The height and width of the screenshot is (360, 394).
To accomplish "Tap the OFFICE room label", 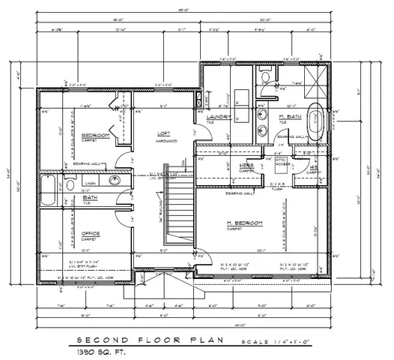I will point(91,233).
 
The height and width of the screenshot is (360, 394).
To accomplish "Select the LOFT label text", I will point(163,133).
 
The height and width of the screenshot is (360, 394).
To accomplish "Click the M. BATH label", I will point(290,117).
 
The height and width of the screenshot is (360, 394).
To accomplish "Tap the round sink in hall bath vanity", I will point(115,179).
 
